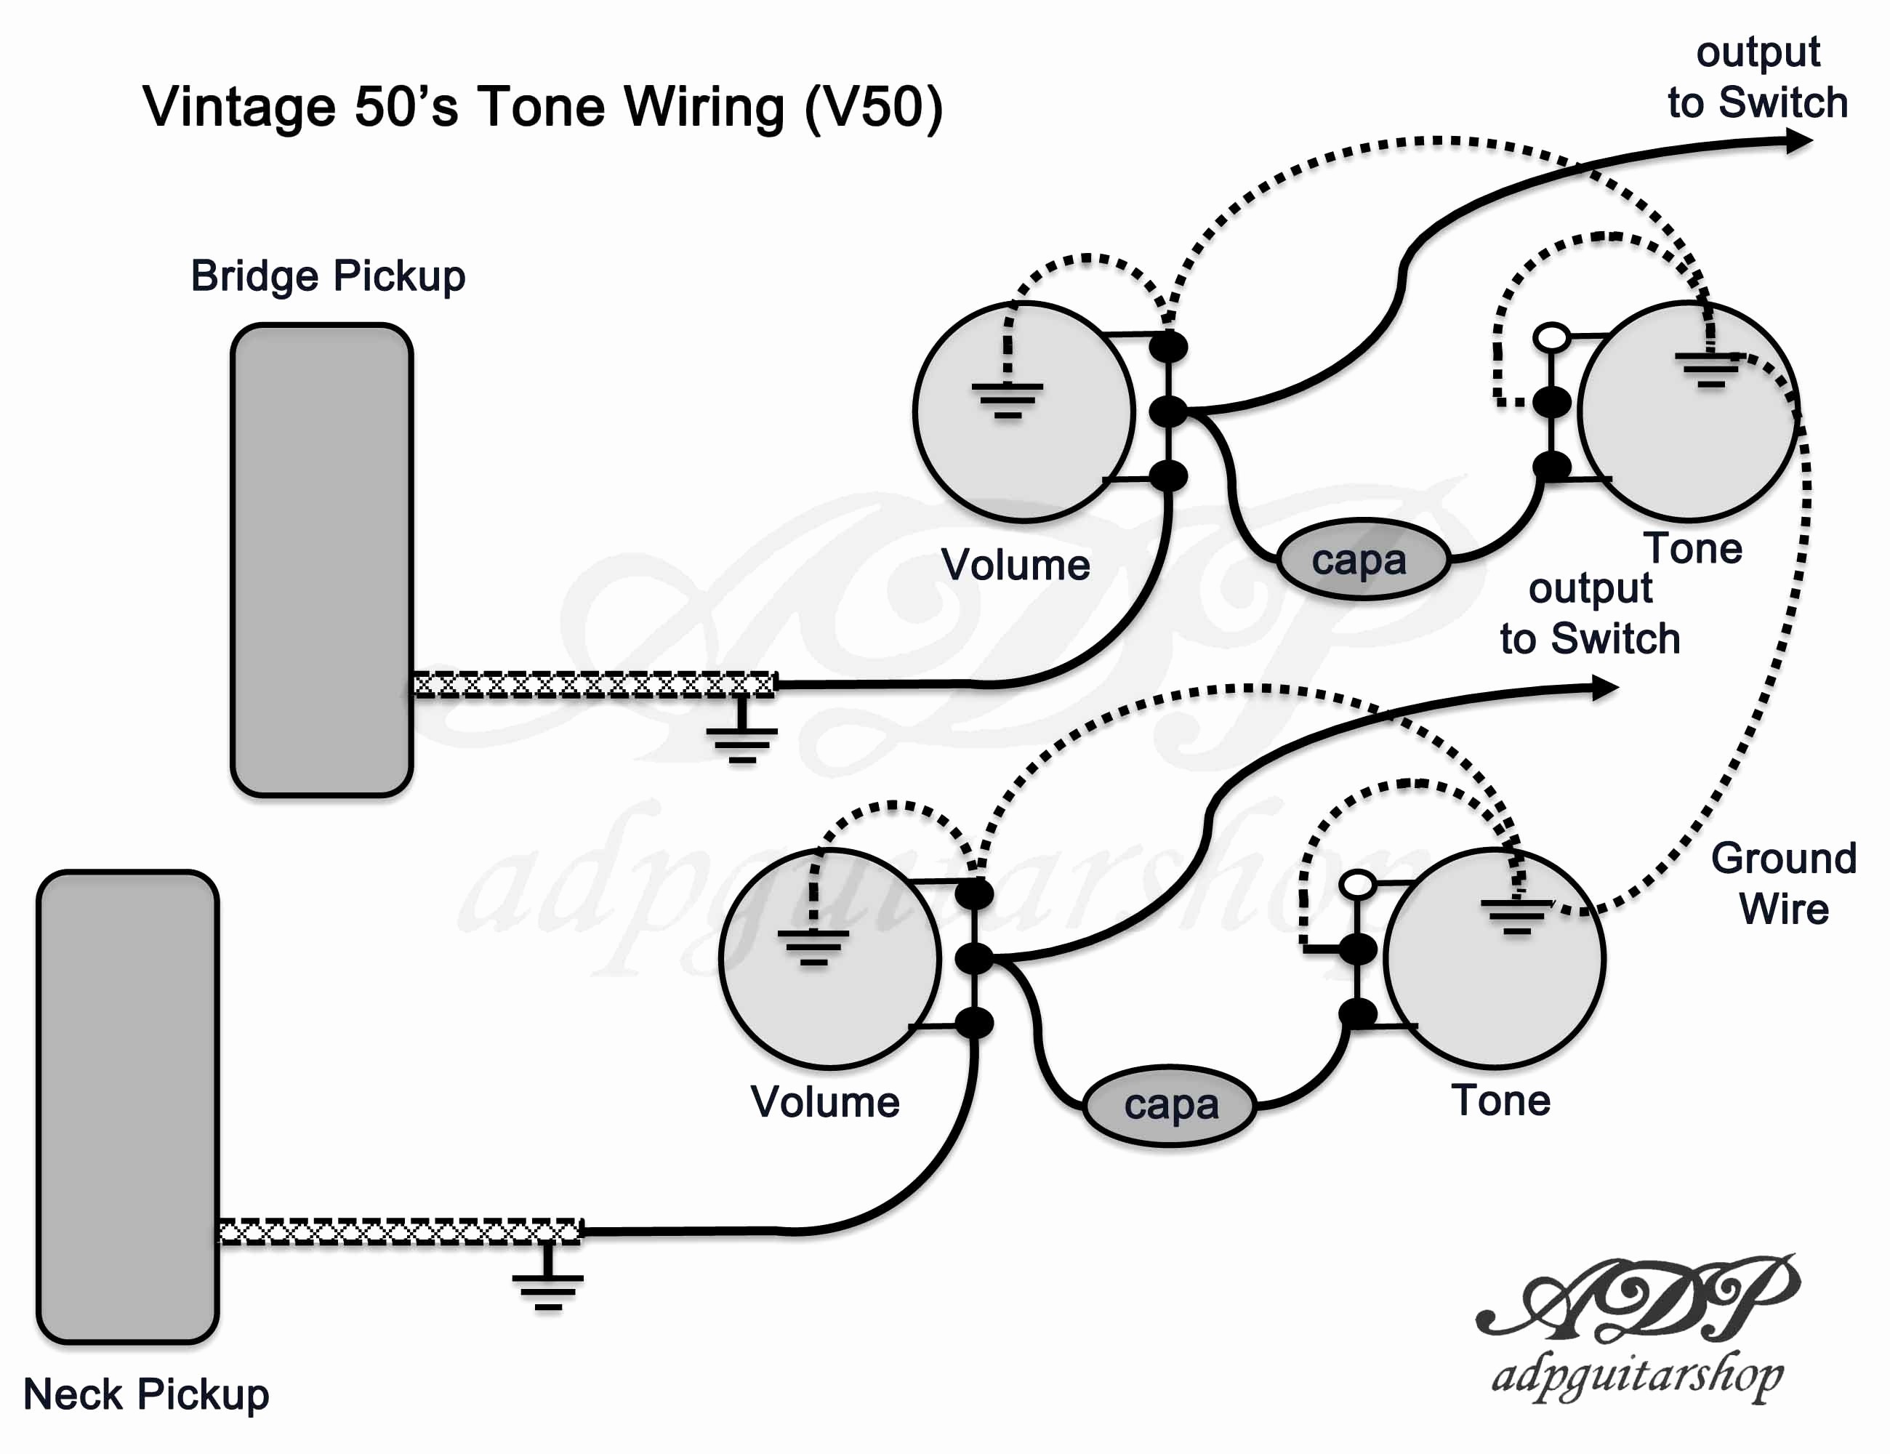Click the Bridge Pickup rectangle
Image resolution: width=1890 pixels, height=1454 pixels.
322,560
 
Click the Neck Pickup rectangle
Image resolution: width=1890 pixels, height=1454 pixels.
127,1107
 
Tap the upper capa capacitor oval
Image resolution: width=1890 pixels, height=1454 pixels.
1363,559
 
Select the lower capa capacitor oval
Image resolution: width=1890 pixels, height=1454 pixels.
1170,1105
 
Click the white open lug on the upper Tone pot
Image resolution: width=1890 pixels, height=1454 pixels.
1552,337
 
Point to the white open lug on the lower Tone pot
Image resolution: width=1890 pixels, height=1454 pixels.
1357,885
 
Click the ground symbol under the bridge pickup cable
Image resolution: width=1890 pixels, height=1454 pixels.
741,731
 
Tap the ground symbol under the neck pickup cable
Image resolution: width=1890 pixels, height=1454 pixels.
548,1277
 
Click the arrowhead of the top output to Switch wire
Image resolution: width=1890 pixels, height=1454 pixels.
1798,141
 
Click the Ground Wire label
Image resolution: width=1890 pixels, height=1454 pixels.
1785,883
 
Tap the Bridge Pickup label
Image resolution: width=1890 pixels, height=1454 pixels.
328,277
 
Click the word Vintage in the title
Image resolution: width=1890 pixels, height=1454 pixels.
239,108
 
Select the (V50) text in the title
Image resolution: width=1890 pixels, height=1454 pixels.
873,108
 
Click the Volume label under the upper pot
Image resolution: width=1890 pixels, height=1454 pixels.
1015,564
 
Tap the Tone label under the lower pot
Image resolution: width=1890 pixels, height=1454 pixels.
1500,1100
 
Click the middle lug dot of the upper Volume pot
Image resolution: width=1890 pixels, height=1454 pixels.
1168,411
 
